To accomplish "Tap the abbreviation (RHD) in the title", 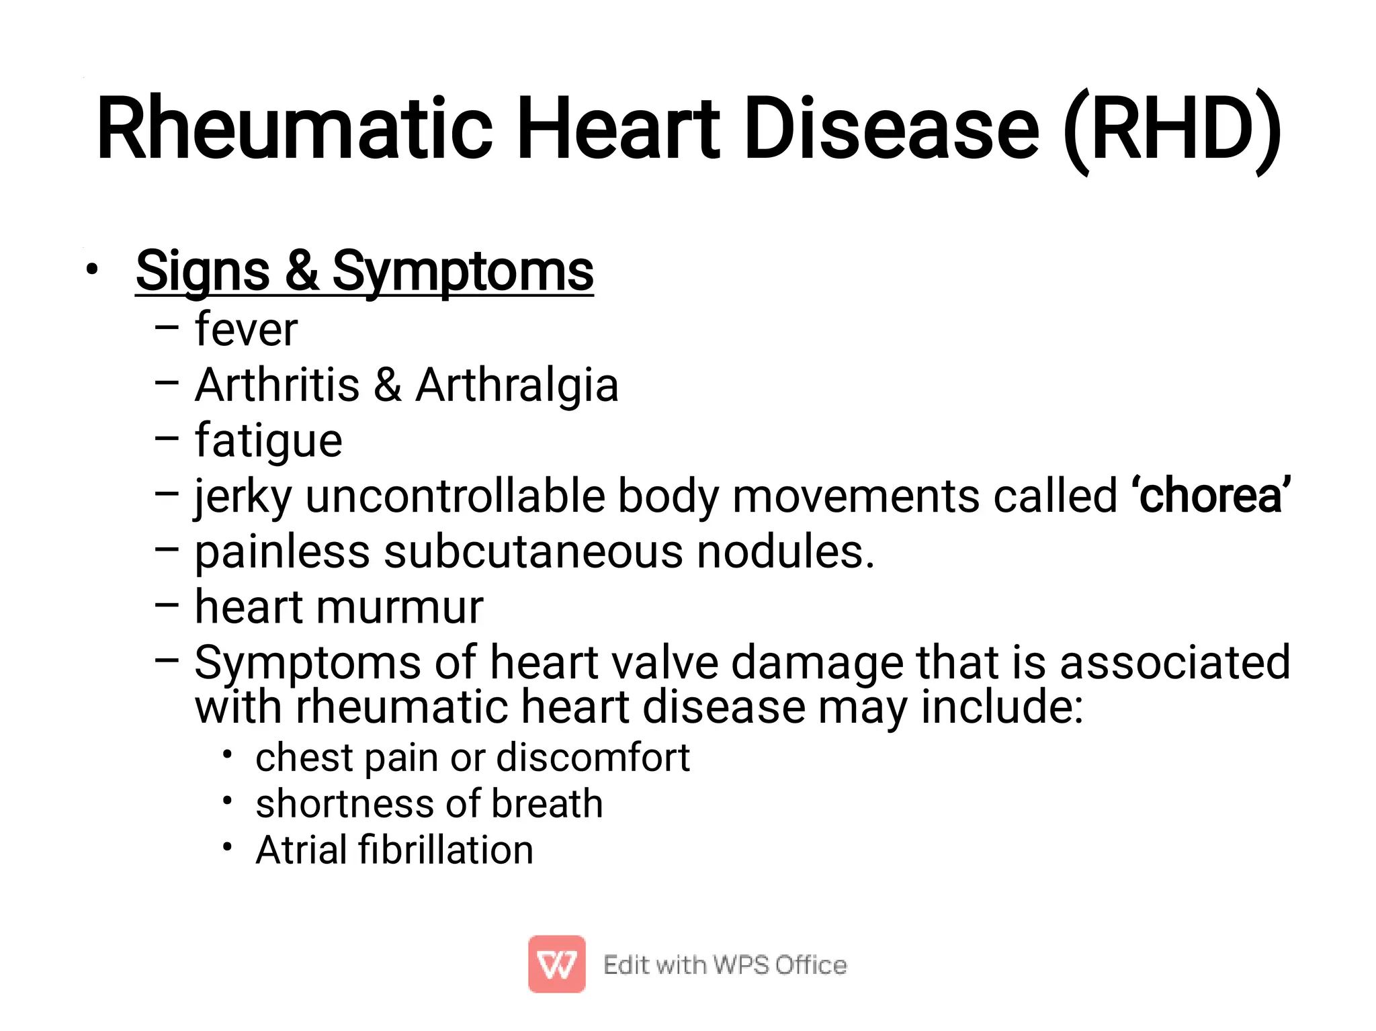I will pos(1172,129).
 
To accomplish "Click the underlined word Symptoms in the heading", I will pos(463,271).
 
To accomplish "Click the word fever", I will pos(246,330).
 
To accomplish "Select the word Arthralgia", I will pos(517,386).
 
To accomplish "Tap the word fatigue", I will pos(269,441).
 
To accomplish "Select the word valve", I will pos(671,663).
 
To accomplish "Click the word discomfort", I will pos(593,758).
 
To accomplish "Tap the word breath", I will pos(547,804).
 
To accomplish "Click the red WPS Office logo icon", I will pos(556,964).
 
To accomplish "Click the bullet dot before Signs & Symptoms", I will pos(92,270).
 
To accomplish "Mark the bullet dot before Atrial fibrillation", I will pos(228,847).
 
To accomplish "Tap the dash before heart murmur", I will pos(167,604).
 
